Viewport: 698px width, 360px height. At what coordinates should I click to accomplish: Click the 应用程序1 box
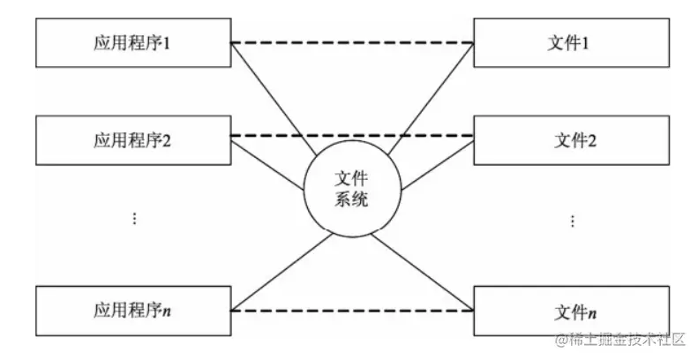click(131, 42)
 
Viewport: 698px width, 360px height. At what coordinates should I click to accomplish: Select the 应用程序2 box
click(131, 139)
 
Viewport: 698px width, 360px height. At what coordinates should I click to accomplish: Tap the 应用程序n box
click(131, 311)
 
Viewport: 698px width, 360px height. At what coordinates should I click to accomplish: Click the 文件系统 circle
click(350, 190)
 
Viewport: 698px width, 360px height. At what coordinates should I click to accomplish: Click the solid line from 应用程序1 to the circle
click(274, 98)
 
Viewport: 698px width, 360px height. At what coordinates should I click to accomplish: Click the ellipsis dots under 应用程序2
click(134, 217)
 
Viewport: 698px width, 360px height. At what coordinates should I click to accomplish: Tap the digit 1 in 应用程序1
click(167, 42)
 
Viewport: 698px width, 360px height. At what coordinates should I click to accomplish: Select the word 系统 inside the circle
click(350, 200)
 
